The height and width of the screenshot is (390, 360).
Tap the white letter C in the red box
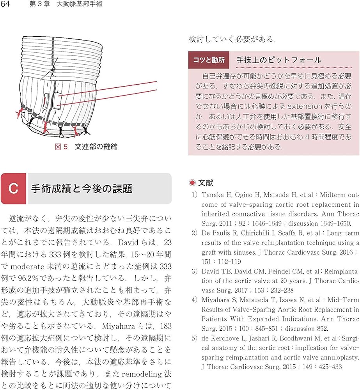(x=13, y=189)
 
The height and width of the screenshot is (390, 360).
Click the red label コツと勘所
(x=209, y=60)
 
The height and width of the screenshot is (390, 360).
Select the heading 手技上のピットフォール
(x=279, y=60)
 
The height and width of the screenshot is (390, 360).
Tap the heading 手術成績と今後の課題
(x=82, y=189)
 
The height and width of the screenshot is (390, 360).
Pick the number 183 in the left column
(x=165, y=324)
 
